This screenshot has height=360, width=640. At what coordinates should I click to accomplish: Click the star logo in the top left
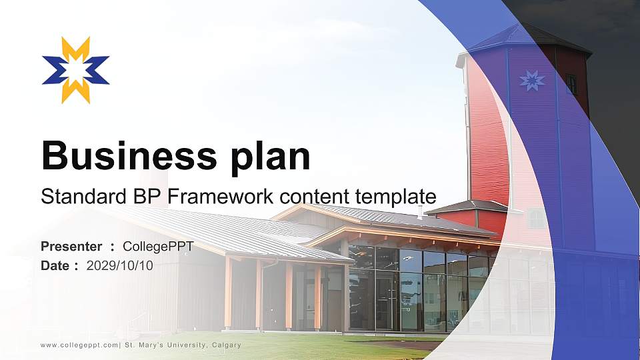(x=75, y=70)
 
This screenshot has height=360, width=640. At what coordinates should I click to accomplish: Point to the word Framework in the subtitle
(x=218, y=197)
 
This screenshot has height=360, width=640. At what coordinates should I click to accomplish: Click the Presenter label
(x=71, y=247)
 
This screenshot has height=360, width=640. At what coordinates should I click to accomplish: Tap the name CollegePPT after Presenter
(x=158, y=247)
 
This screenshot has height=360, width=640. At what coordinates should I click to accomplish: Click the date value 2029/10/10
(x=120, y=266)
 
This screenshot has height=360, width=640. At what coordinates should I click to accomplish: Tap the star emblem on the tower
(x=531, y=81)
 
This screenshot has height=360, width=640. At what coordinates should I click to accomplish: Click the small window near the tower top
(x=571, y=83)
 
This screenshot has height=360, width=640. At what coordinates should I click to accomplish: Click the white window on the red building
(x=536, y=218)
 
